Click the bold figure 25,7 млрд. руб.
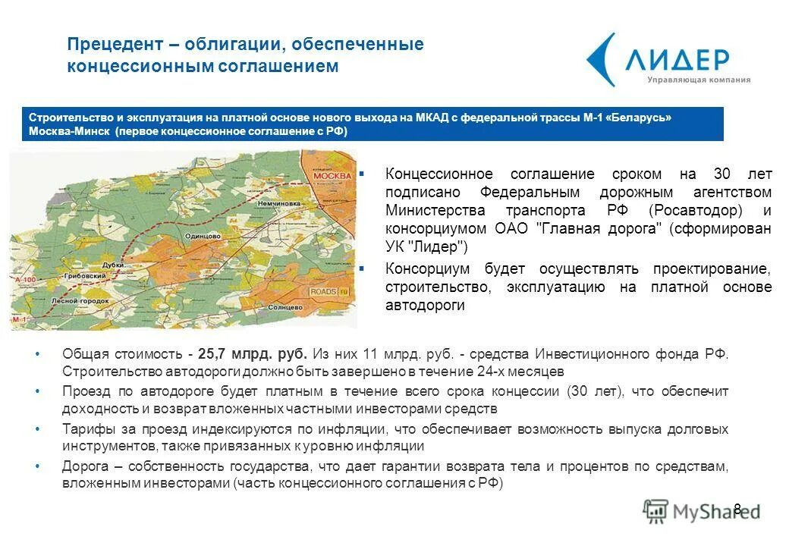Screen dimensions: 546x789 (253, 354)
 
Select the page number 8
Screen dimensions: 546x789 (737, 509)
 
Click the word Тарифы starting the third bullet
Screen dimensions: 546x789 (86, 429)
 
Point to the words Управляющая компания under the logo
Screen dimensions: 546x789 (698, 80)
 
